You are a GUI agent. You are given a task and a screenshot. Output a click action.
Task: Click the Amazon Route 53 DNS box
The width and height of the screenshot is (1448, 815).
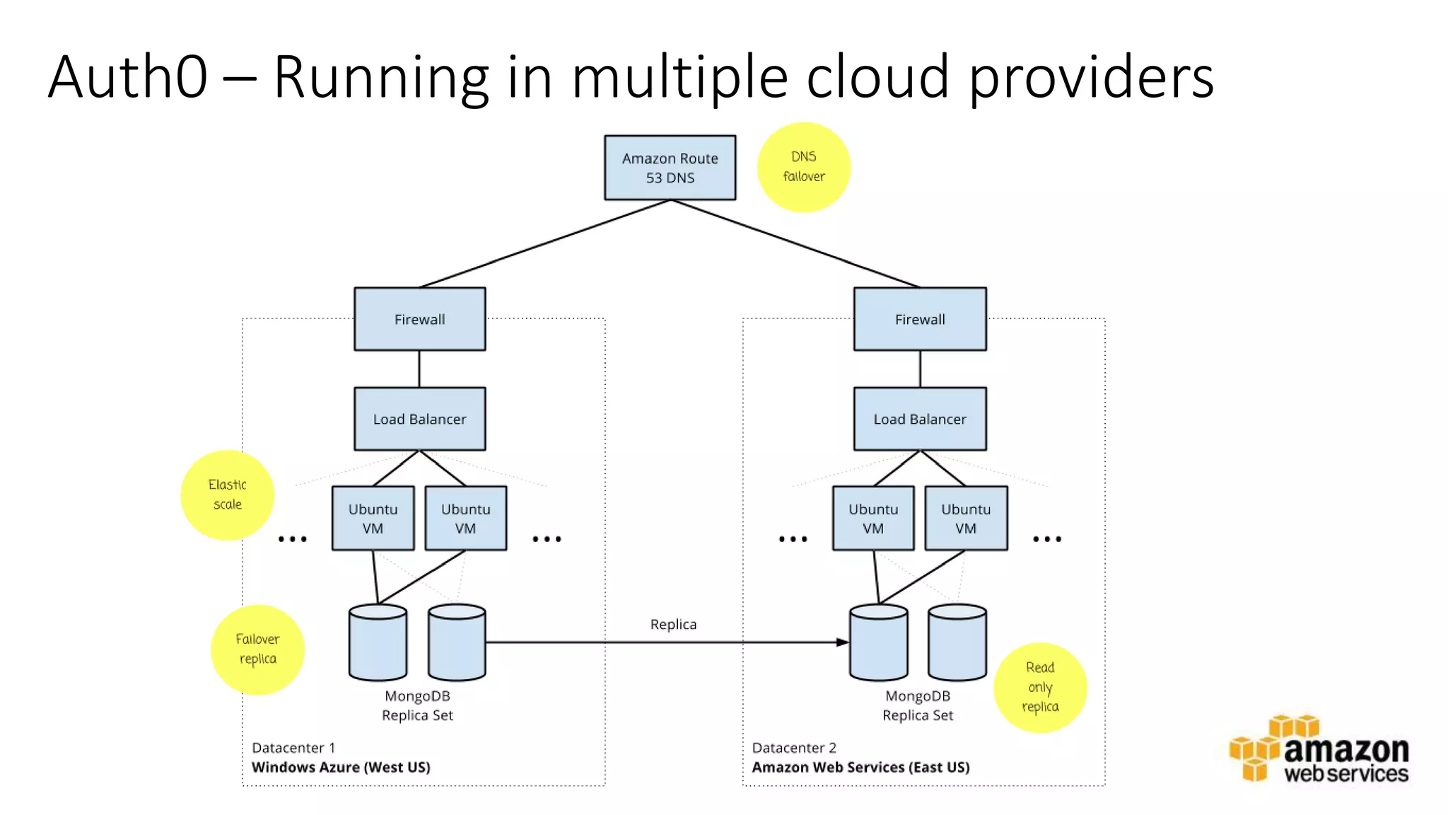tap(670, 168)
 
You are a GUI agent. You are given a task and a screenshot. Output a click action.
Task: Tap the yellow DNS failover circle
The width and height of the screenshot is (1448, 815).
tap(803, 167)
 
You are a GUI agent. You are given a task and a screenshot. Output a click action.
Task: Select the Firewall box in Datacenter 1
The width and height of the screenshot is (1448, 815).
tap(419, 319)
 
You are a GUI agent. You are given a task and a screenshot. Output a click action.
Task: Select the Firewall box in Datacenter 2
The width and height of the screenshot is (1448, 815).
tap(919, 319)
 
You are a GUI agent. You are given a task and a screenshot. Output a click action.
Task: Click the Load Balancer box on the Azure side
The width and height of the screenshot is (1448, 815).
tap(419, 419)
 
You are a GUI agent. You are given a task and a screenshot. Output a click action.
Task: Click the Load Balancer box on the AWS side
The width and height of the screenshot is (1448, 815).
tap(919, 419)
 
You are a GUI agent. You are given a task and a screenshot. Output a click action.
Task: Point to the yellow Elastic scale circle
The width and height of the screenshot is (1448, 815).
tap(227, 495)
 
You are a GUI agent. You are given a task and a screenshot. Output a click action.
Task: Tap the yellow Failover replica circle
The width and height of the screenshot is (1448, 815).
tap(257, 649)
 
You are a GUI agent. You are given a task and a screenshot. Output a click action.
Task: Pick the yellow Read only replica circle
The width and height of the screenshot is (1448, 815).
tap(1039, 687)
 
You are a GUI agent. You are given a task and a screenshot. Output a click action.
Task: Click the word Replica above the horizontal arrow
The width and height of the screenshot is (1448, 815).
tap(673, 624)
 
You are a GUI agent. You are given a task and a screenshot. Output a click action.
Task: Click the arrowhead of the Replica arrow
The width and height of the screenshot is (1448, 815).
tap(842, 642)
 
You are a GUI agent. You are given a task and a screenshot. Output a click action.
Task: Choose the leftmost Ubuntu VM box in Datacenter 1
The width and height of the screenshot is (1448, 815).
tap(373, 519)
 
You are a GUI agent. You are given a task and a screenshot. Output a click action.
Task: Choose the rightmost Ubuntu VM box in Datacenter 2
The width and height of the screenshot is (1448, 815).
tap(965, 519)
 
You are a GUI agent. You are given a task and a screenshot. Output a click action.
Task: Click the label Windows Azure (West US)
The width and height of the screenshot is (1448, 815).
tap(341, 767)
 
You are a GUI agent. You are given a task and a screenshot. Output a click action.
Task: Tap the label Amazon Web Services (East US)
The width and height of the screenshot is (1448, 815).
tap(860, 767)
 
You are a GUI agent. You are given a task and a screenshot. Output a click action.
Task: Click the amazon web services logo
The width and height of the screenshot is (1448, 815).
tap(1319, 751)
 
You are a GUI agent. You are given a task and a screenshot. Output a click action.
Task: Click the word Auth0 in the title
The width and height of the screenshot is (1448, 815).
tap(128, 76)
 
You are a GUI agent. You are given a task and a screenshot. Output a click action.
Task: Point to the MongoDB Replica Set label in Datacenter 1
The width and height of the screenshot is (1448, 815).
tap(417, 705)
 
